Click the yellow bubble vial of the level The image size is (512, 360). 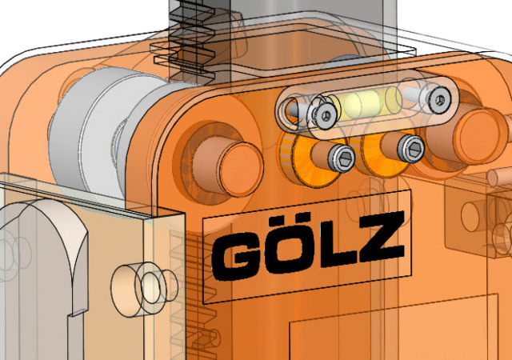coord(365,102)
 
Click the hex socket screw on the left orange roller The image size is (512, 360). coord(342,158)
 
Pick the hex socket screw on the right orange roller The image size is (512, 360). coord(411,148)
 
